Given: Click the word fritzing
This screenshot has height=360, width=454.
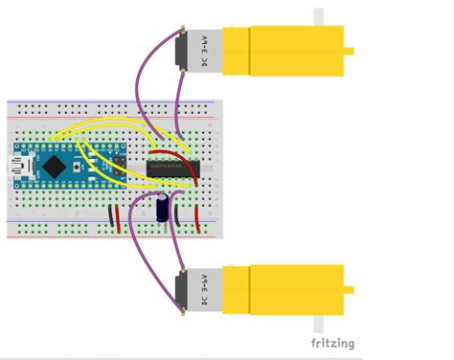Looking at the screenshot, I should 332,343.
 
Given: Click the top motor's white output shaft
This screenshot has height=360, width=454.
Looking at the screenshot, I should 319,17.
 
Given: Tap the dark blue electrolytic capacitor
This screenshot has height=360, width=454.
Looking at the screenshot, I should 165,210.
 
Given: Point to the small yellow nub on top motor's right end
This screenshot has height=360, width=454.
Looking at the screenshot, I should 350,51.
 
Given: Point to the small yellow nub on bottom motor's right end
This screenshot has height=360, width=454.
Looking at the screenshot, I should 350,289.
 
